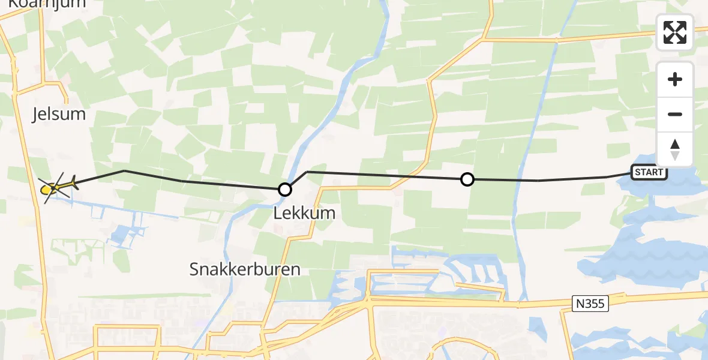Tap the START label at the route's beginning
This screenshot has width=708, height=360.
coord(649,173)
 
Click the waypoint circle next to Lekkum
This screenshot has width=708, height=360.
coord(285,190)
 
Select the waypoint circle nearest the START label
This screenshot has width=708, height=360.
coord(467,179)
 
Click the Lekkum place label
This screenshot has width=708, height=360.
coord(304,212)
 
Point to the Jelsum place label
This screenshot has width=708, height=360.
coord(59,114)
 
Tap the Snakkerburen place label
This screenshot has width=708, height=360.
coord(245,269)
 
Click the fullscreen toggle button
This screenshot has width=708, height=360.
coord(675,32)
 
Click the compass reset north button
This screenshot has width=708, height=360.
coord(675,149)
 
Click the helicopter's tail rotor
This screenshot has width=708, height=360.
coord(74,182)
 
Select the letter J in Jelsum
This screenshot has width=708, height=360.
coord(35,114)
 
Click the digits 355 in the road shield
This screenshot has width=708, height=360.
coord(595,304)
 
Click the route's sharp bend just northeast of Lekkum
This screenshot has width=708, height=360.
coord(307,172)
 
